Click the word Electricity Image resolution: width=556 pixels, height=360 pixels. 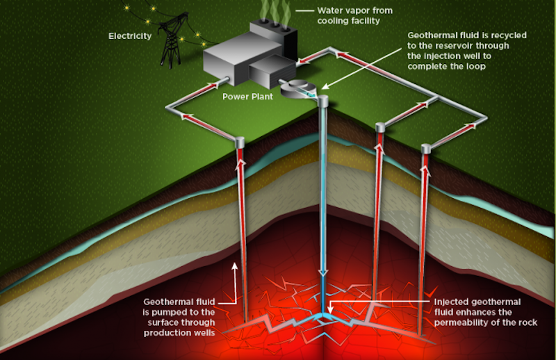[130, 35]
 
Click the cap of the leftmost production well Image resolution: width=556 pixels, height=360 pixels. [239, 142]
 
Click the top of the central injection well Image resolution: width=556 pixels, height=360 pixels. [324, 101]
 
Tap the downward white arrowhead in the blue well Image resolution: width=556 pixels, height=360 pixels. [322, 272]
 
